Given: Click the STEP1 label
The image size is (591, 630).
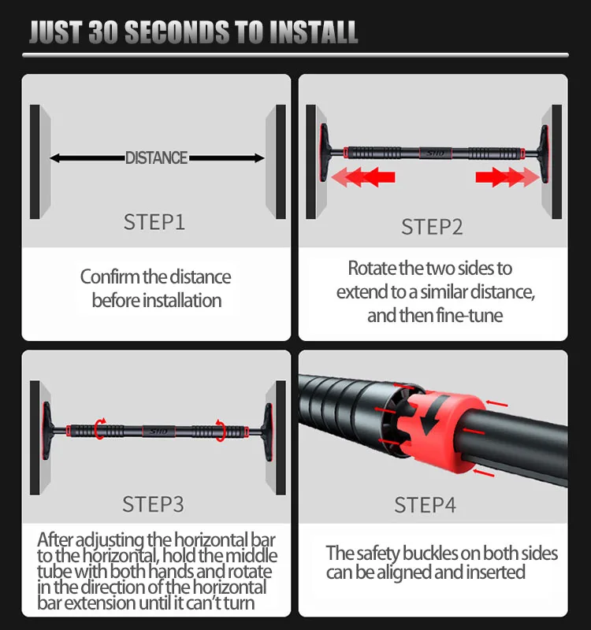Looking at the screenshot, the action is pos(154,222).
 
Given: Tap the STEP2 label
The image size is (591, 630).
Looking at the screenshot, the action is pos(432,227).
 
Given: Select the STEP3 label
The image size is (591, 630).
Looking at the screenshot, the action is pos(153,504).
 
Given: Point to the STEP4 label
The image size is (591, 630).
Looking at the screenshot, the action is pos(426,505).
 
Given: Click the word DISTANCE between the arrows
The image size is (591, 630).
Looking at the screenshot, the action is pos(156,158).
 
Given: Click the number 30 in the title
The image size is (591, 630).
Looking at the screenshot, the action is pos(103,32).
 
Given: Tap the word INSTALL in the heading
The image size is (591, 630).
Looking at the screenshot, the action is pos(314,32).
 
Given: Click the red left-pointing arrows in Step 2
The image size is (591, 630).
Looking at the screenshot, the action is pos(362,177).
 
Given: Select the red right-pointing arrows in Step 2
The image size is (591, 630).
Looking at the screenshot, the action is pos(507,177).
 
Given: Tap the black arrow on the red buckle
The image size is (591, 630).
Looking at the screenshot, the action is pos(432,415).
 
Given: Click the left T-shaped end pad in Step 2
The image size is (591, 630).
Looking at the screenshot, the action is pos(325,153).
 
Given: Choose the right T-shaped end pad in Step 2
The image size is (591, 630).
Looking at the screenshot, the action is pos(543,154).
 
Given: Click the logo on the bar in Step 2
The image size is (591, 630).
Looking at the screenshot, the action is pos(436,153).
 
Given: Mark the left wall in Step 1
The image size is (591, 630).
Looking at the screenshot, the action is pos(40,162).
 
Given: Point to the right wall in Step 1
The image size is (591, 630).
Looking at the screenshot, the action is pos(276,162).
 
